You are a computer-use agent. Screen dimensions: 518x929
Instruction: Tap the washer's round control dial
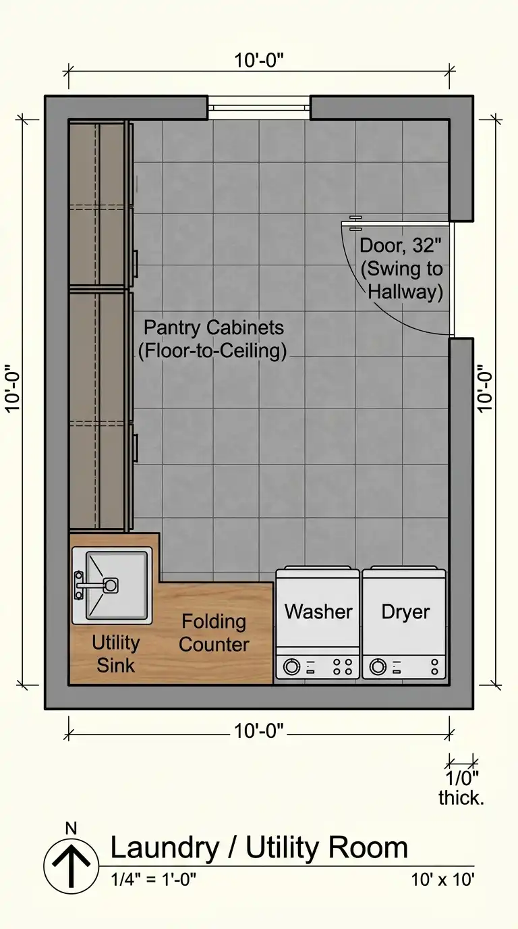291,666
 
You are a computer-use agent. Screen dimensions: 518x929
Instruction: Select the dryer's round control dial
378,666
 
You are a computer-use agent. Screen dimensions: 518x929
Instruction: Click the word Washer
318,612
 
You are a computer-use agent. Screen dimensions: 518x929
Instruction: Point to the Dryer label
405,612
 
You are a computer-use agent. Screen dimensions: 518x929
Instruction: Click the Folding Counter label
214,633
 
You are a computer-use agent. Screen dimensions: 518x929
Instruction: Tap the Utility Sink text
115,654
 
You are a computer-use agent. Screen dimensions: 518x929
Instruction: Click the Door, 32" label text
400,246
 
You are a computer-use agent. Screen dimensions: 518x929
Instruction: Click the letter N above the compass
71,828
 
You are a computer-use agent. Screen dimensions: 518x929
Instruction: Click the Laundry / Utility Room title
260,848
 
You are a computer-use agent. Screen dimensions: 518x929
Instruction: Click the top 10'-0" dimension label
259,60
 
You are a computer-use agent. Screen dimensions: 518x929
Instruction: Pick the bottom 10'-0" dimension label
259,731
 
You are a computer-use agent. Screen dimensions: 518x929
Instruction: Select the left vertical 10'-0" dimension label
13,389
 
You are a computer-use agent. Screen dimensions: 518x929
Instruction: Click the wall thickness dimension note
461,788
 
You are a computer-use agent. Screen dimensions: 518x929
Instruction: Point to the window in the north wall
259,108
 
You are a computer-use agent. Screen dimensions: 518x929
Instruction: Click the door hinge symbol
355,223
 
